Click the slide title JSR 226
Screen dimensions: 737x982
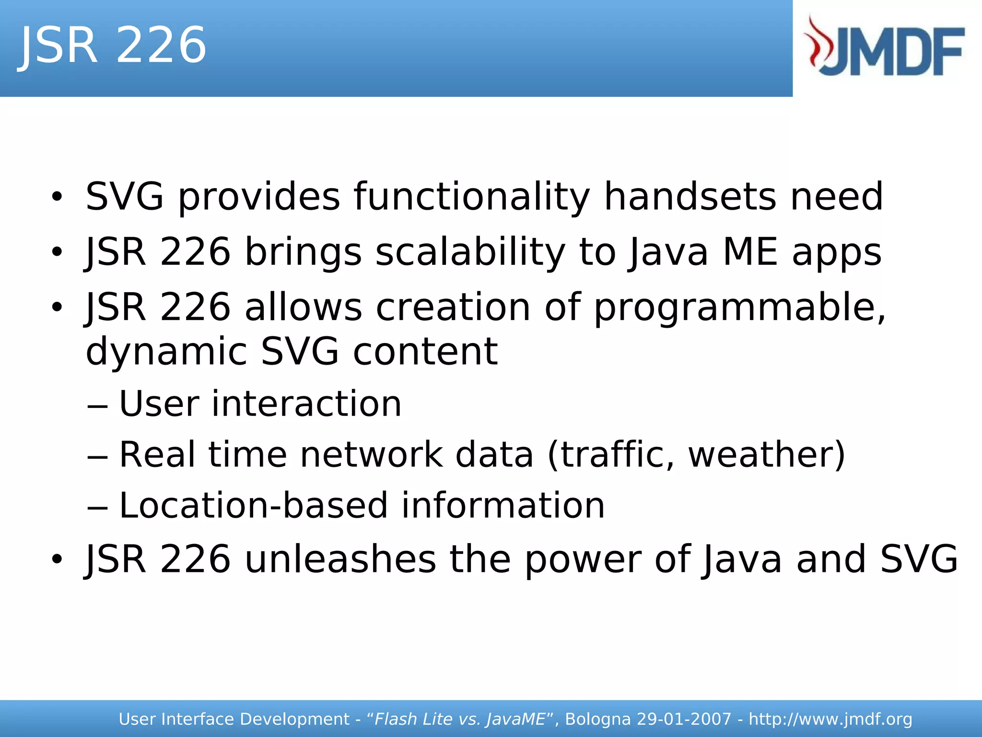click(x=113, y=45)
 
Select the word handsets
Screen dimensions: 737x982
click(x=690, y=197)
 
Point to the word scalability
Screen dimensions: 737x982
click(x=470, y=252)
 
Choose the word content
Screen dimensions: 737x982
click(x=425, y=352)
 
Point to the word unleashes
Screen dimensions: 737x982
click(x=340, y=559)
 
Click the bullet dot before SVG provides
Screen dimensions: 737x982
click(x=57, y=197)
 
